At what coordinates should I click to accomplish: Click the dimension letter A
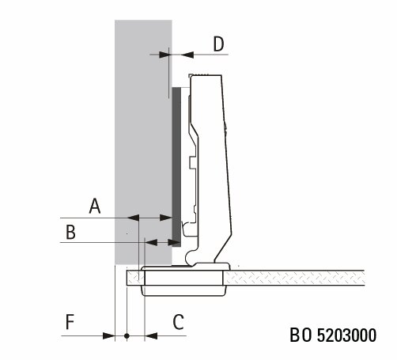(x=95, y=206)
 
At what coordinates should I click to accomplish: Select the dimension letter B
(x=70, y=232)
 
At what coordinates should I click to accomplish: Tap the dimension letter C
(x=178, y=322)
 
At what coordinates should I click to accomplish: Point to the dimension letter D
(x=218, y=44)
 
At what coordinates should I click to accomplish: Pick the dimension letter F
(x=70, y=322)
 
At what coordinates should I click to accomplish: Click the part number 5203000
(x=346, y=335)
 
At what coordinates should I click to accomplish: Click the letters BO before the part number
(x=301, y=335)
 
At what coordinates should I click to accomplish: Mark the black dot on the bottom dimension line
(x=127, y=336)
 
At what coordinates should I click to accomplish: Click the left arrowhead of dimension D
(x=164, y=55)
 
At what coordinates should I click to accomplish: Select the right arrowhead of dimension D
(x=187, y=55)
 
